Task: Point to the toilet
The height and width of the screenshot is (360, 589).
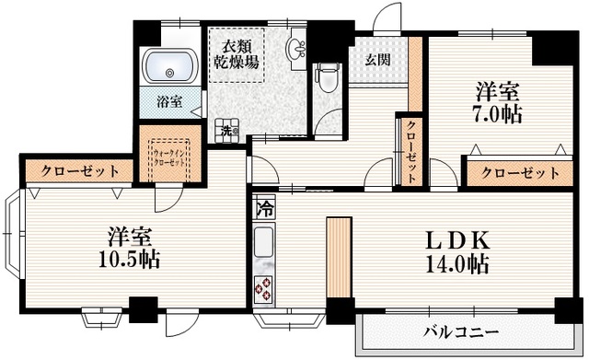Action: [x=327, y=75]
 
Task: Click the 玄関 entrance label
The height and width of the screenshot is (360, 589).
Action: [x=375, y=61]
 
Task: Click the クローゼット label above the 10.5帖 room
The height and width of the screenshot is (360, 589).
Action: [x=73, y=171]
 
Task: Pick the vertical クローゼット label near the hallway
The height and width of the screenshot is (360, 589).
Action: [x=410, y=151]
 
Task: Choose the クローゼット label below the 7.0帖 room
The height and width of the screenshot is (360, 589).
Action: [x=520, y=172]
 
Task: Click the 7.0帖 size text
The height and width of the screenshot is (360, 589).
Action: [x=498, y=115]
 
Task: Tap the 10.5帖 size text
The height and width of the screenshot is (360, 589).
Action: [x=129, y=259]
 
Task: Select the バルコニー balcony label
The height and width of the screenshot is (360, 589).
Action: [x=461, y=331]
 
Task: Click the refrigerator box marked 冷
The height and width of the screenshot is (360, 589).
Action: [x=263, y=209]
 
